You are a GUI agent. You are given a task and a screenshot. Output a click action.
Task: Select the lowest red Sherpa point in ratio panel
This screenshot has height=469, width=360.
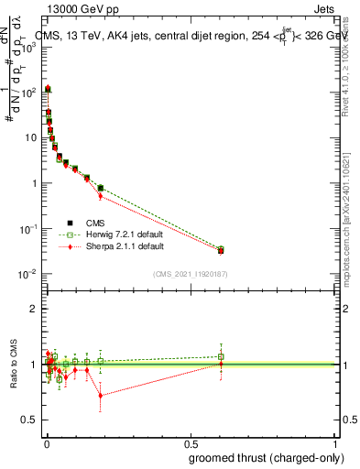tap(100, 396)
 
